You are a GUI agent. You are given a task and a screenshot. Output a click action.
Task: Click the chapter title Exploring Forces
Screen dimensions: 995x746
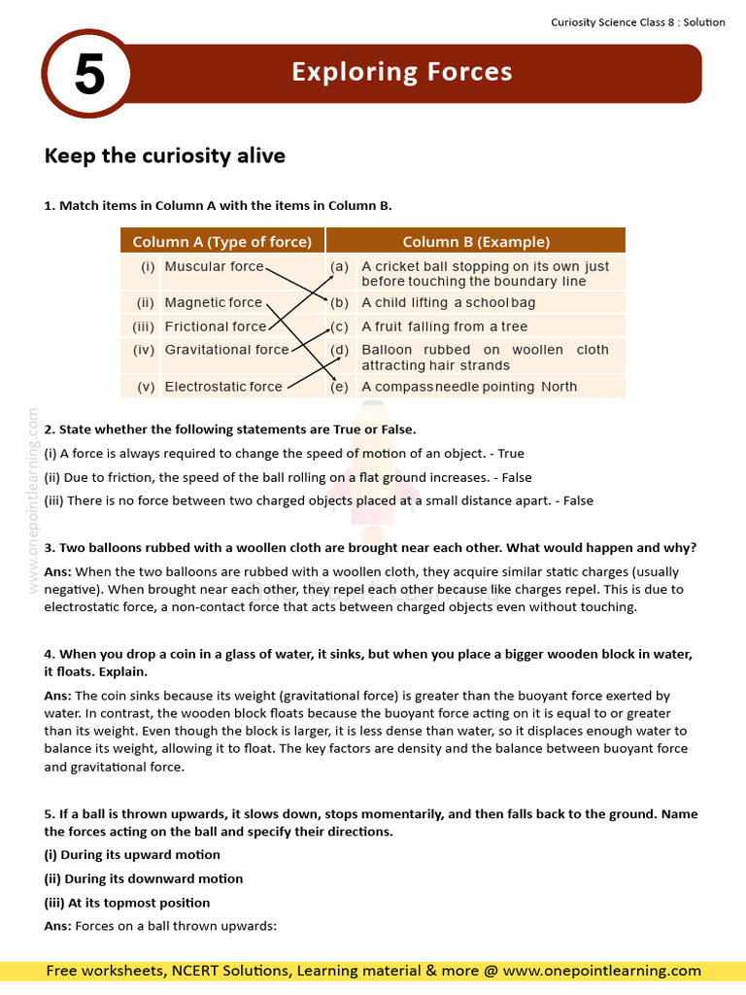click(402, 72)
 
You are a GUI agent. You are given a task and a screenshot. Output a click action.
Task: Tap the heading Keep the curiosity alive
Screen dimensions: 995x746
click(165, 155)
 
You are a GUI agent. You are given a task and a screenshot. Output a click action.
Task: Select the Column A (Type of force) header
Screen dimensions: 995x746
click(221, 241)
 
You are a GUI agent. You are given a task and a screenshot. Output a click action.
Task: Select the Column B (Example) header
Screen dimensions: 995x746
click(476, 241)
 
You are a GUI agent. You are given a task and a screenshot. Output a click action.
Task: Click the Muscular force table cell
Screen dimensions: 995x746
click(214, 266)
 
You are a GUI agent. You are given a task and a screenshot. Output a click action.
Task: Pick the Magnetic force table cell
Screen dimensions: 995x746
click(214, 302)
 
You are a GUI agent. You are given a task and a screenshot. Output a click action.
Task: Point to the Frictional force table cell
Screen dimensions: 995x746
click(215, 326)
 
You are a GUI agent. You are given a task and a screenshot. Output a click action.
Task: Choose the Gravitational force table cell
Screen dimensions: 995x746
click(226, 350)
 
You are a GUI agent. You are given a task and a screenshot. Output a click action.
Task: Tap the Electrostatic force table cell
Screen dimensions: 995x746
click(223, 387)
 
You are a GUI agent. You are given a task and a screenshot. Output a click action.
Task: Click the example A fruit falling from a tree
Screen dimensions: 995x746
click(444, 326)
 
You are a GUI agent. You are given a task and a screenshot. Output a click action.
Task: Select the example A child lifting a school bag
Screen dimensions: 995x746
click(448, 302)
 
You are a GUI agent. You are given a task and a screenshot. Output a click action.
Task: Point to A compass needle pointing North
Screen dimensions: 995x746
click(469, 387)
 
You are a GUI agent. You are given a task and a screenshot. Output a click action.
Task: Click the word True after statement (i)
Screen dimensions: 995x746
click(511, 454)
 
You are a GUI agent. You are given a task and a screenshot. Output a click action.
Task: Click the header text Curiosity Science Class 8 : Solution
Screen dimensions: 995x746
click(638, 22)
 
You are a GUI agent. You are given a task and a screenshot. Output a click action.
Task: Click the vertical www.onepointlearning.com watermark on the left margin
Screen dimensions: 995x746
click(34, 500)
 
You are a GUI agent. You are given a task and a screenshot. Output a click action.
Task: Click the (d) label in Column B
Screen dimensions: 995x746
click(339, 350)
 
